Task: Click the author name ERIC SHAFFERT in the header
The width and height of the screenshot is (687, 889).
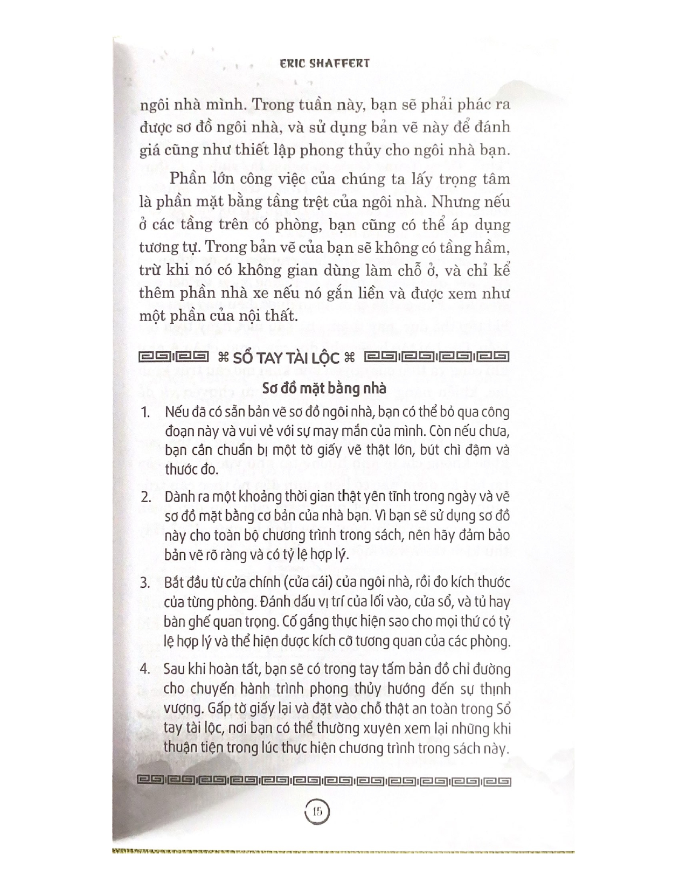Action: click(325, 63)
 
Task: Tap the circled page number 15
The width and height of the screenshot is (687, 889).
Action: click(317, 811)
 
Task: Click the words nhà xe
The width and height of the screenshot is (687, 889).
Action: click(258, 294)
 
